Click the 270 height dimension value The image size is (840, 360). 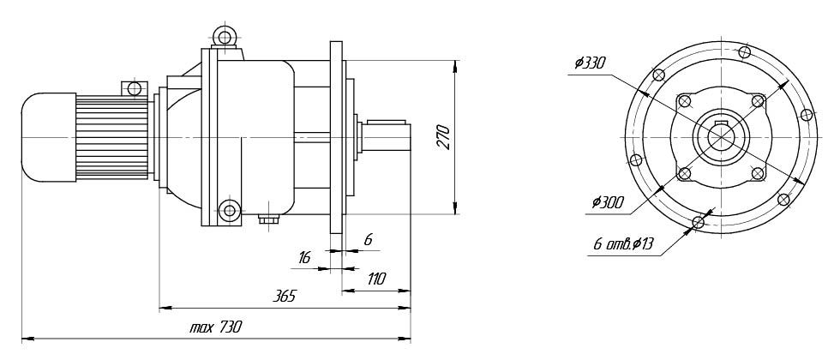[x=442, y=136]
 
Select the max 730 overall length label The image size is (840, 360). [x=216, y=327]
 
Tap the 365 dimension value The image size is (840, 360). [x=285, y=296]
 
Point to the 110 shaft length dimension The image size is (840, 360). [x=375, y=279]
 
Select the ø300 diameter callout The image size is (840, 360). [x=608, y=203]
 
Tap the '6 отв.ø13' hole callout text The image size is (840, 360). [x=623, y=245]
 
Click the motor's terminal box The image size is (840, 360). [x=134, y=88]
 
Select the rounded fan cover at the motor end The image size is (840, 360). [x=47, y=137]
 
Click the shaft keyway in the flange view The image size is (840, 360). [x=720, y=129]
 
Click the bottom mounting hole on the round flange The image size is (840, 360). [x=699, y=223]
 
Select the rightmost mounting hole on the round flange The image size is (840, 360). [x=806, y=114]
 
